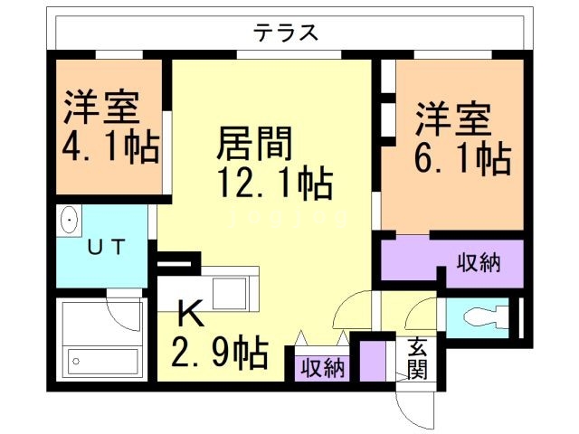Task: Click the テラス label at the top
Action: (x=286, y=33)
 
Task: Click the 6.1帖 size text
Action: (x=461, y=159)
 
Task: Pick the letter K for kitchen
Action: (x=190, y=314)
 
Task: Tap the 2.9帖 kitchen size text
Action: (x=221, y=350)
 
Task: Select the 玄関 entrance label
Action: (x=417, y=358)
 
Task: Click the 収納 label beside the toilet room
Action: (x=478, y=264)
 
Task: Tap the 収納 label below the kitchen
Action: (x=321, y=368)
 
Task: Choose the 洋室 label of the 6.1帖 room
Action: (x=454, y=119)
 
